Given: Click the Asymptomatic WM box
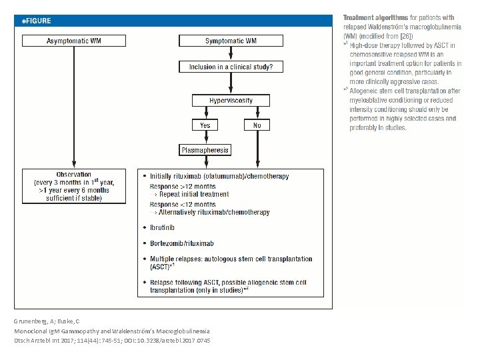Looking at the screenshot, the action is (x=74, y=41).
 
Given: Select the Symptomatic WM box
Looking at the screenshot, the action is (x=231, y=41).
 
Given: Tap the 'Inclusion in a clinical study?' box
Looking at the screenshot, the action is (x=231, y=67).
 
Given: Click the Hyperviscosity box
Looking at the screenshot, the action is (x=231, y=101).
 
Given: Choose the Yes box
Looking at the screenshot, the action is (x=205, y=125).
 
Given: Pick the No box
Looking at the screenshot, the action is (x=257, y=125).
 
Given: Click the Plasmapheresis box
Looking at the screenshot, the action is (x=205, y=150).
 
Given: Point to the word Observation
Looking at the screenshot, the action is (x=74, y=174).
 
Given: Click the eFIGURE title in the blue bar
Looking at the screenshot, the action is (x=37, y=21).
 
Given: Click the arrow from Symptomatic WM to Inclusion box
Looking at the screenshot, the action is (x=231, y=53).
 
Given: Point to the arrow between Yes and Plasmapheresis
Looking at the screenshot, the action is (x=206, y=137).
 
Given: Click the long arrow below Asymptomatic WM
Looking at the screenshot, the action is (x=74, y=107).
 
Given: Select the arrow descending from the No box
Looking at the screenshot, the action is (x=258, y=149).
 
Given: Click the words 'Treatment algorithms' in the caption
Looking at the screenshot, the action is (x=375, y=17).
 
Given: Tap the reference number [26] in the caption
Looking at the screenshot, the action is (x=407, y=36).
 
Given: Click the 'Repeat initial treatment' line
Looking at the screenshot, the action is (x=194, y=194).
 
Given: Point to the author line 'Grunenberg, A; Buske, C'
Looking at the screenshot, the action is (x=47, y=321).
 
